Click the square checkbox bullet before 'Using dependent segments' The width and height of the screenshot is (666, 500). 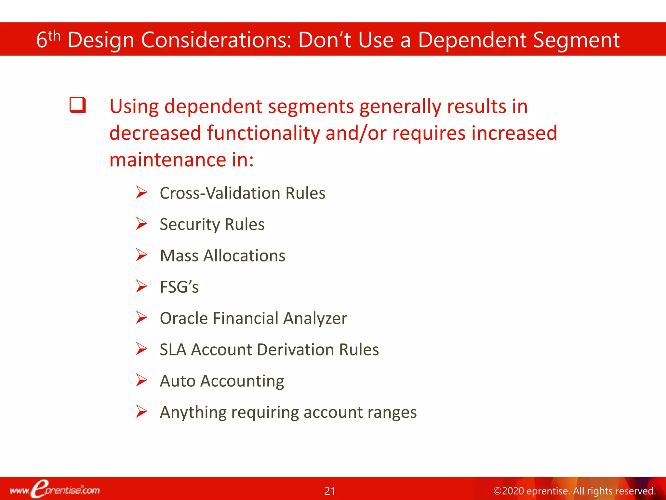click(x=78, y=105)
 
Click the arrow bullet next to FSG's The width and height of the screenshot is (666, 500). click(x=141, y=286)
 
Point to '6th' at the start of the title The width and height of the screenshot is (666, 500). click(x=48, y=40)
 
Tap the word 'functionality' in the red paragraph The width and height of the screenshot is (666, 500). click(x=263, y=133)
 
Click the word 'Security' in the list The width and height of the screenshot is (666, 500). click(x=190, y=225)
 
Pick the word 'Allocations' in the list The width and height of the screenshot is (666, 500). click(x=244, y=256)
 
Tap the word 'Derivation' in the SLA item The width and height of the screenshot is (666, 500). click(x=295, y=350)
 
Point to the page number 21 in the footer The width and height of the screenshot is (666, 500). click(x=330, y=491)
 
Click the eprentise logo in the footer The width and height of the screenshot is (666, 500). click(x=55, y=489)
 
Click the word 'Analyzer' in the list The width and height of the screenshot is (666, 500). click(x=315, y=318)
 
